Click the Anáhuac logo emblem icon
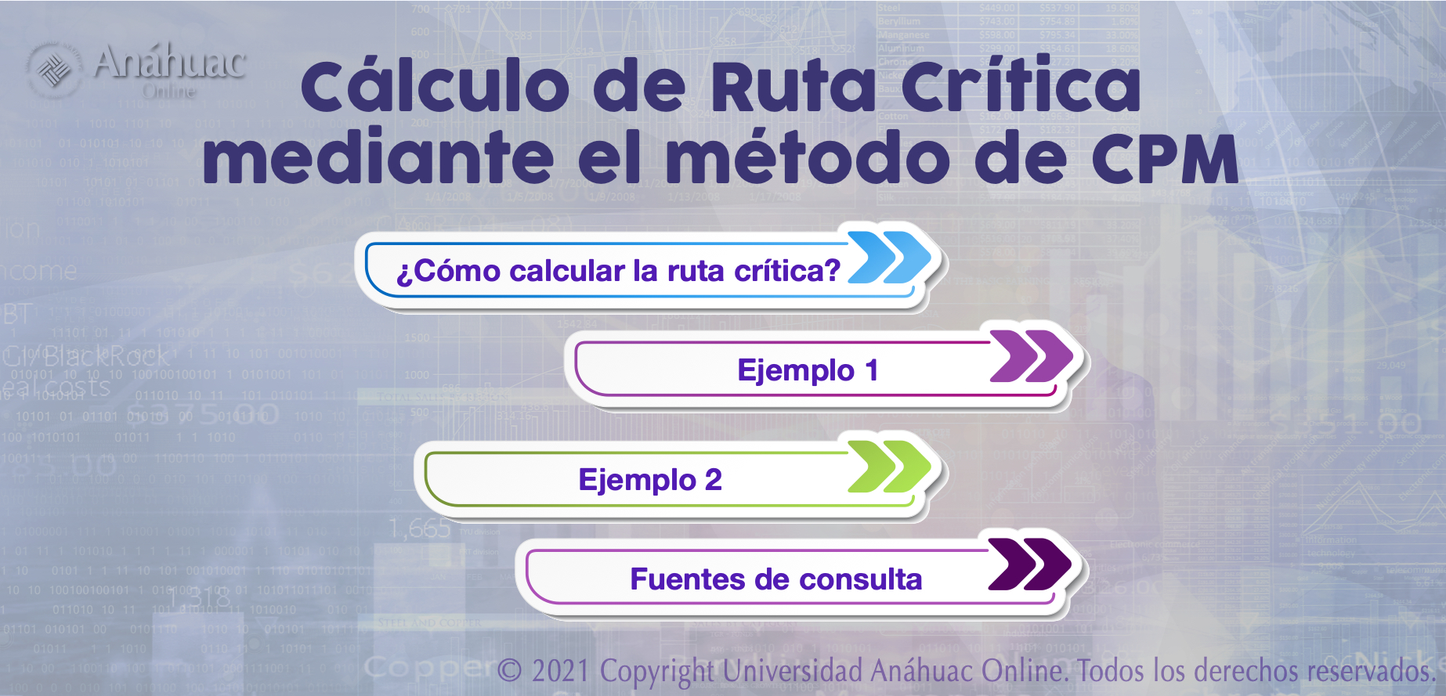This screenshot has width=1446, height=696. [x=53, y=69]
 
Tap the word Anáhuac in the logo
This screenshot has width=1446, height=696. [x=170, y=63]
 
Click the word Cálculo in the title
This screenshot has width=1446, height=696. [x=436, y=86]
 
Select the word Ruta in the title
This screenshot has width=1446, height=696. [x=793, y=86]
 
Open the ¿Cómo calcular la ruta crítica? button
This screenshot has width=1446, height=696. [x=618, y=271]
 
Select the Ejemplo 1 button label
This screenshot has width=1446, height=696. [x=808, y=370]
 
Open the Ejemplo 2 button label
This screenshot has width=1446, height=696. [x=650, y=480]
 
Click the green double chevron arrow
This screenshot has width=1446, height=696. [x=890, y=467]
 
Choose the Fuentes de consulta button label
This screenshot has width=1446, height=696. [x=775, y=579]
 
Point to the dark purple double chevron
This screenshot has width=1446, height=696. [x=1029, y=564]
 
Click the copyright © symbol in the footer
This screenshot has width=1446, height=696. [x=509, y=671]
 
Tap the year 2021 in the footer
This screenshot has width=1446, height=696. [x=560, y=671]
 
